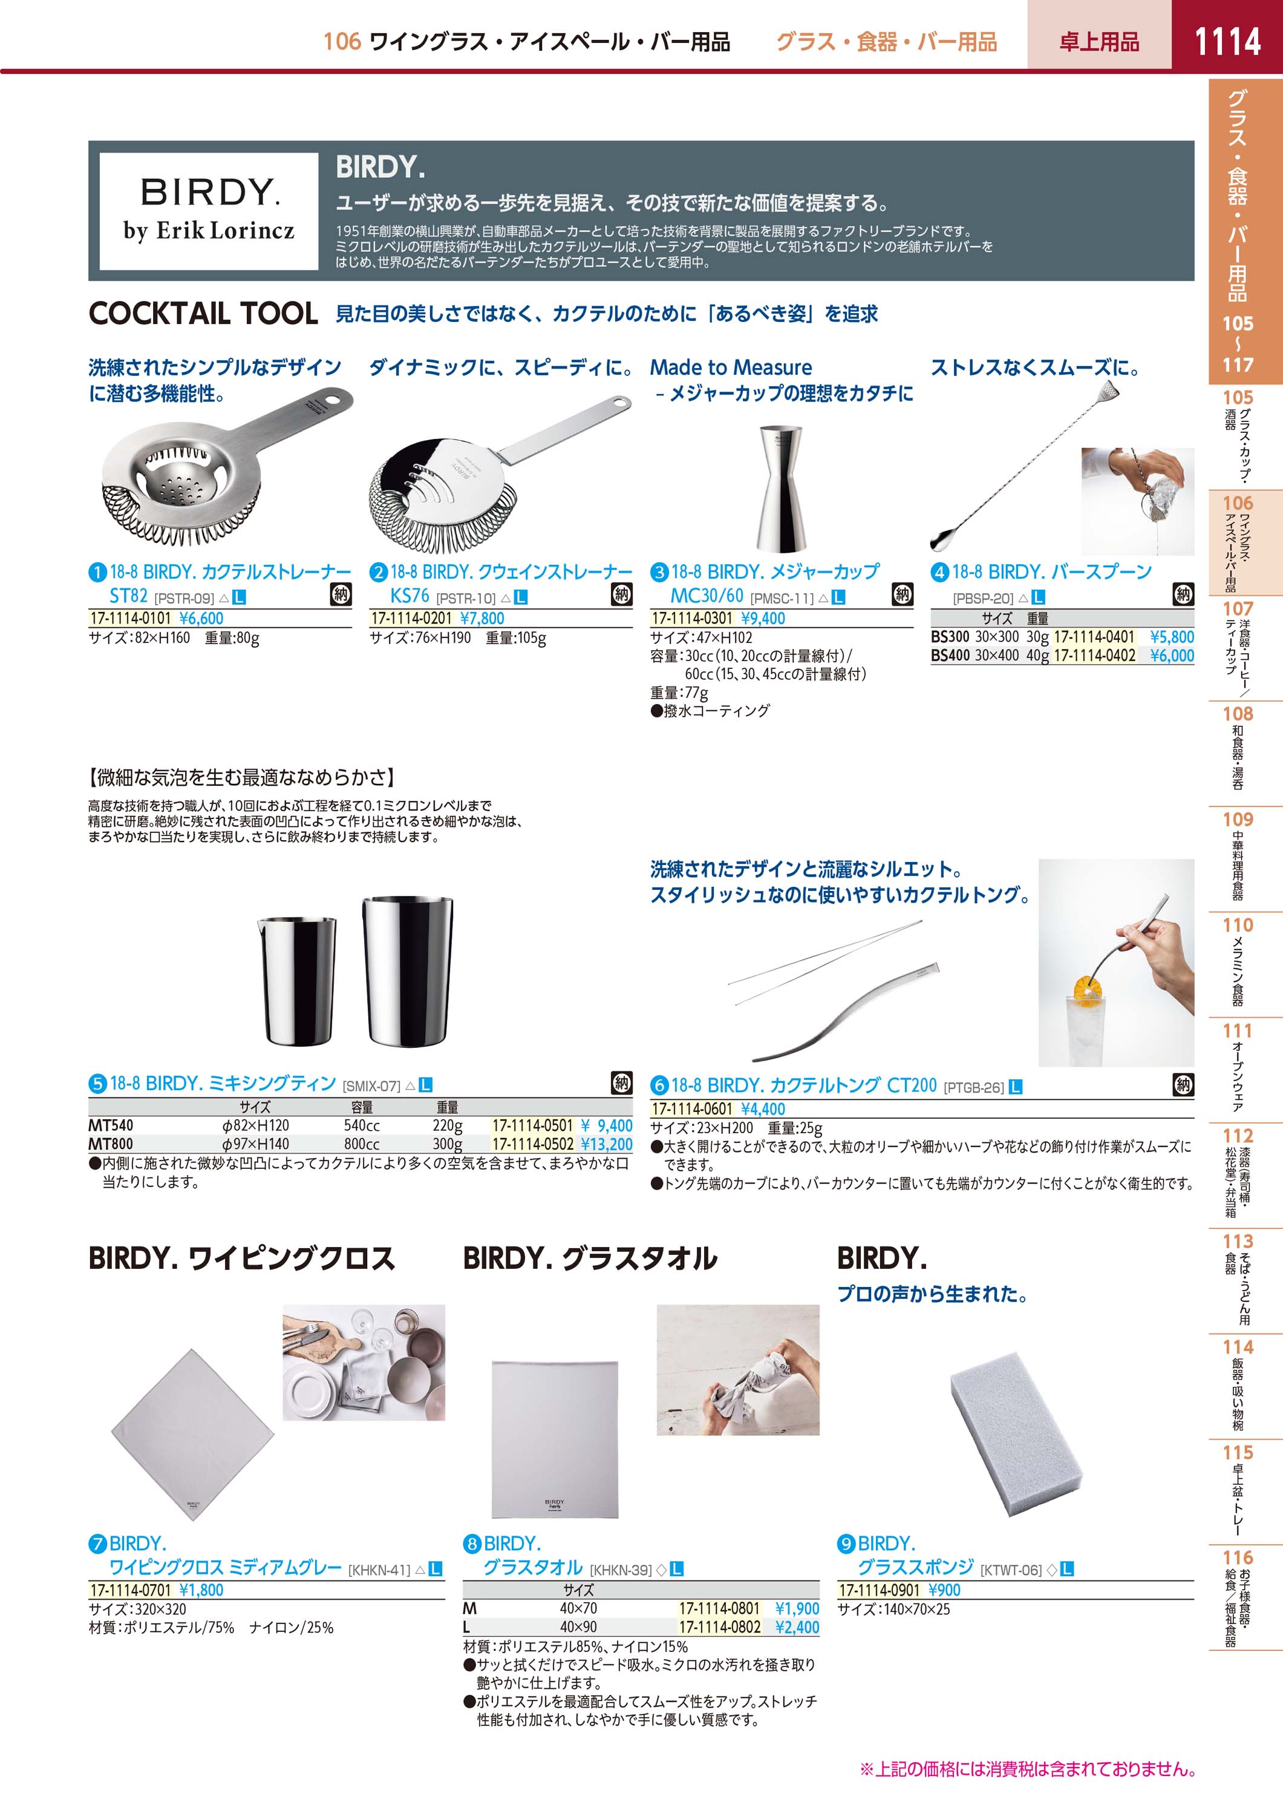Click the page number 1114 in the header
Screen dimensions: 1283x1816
1227,41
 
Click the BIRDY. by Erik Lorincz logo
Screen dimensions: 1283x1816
209,211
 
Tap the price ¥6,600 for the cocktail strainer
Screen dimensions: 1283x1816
201,619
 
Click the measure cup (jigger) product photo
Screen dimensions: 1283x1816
782,488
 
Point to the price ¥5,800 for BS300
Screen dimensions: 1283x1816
1172,637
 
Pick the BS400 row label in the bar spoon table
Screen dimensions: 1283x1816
950,656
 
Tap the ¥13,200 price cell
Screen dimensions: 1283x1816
606,1143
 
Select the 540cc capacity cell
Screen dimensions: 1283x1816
362,1125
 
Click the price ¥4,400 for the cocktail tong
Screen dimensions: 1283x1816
763,1109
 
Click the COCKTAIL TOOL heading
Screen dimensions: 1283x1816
203,313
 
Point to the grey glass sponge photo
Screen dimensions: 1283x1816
1016,1431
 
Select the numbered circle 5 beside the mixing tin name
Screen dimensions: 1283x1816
97,1084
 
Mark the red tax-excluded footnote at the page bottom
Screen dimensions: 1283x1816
1028,1769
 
